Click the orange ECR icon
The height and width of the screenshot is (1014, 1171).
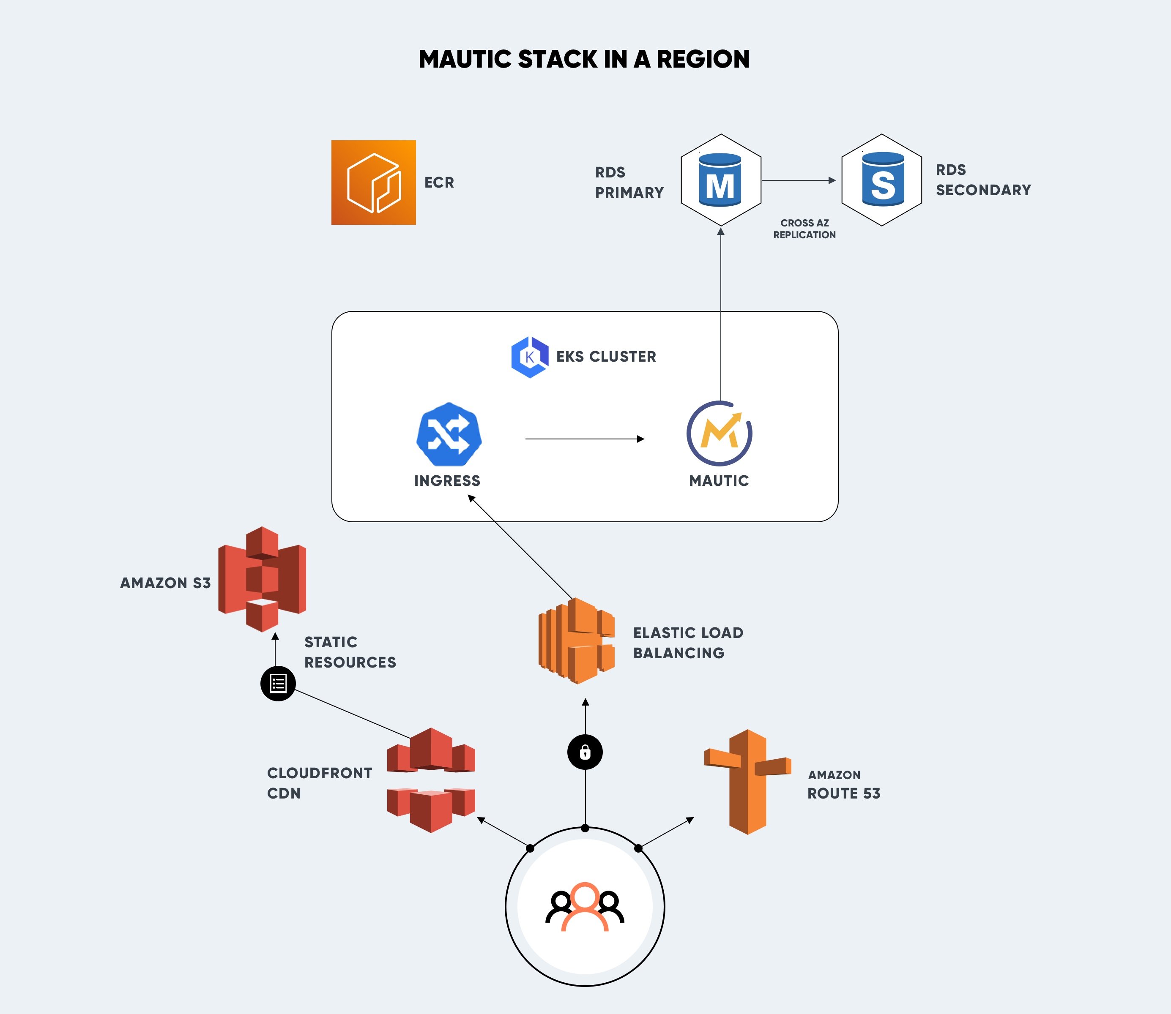click(373, 182)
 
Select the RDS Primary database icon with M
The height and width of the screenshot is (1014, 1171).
click(720, 180)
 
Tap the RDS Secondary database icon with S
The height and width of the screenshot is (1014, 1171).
click(882, 180)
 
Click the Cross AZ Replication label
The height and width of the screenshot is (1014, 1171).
click(804, 229)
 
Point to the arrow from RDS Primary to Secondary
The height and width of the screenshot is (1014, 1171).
click(799, 180)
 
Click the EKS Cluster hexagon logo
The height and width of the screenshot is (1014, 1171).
click(529, 357)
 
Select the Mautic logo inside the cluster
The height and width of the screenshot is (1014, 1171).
click(719, 433)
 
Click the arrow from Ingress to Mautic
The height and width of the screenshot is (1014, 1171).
click(584, 439)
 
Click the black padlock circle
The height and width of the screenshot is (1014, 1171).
click(585, 752)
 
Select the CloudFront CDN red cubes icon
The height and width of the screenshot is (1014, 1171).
click(431, 780)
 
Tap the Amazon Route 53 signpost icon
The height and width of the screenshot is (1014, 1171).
click(747, 782)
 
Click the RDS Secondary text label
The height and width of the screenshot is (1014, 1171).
click(982, 180)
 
